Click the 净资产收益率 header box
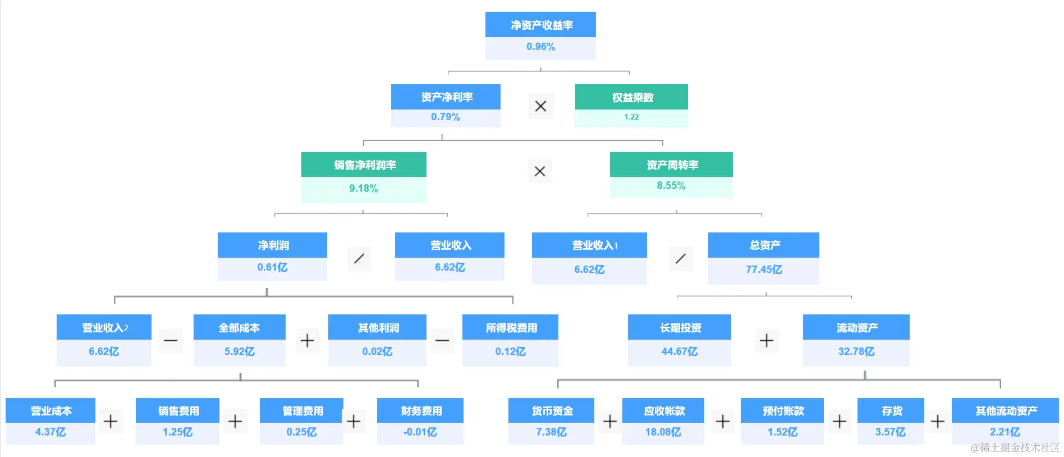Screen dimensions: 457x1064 540,25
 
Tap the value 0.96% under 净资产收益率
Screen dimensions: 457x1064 540,47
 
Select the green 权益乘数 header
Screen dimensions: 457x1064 631,97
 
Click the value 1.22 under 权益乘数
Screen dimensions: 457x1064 631,117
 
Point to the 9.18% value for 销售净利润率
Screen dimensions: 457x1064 364,189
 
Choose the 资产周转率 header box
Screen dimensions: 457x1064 671,164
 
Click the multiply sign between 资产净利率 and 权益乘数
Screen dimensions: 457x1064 540,106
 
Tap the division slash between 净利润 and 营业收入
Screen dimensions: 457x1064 359,259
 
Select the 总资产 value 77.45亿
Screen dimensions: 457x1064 763,269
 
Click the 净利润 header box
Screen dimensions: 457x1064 272,245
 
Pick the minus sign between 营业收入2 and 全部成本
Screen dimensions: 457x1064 171,340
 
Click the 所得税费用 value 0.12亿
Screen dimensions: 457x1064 510,351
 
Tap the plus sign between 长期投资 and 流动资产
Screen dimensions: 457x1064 766,340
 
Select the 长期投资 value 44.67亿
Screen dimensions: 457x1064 679,351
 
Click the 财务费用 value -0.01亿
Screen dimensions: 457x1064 420,432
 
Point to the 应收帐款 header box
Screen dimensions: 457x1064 663,411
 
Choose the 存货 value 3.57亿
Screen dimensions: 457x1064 890,432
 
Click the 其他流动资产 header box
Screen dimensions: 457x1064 1005,411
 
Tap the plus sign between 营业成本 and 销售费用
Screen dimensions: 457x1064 111,421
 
